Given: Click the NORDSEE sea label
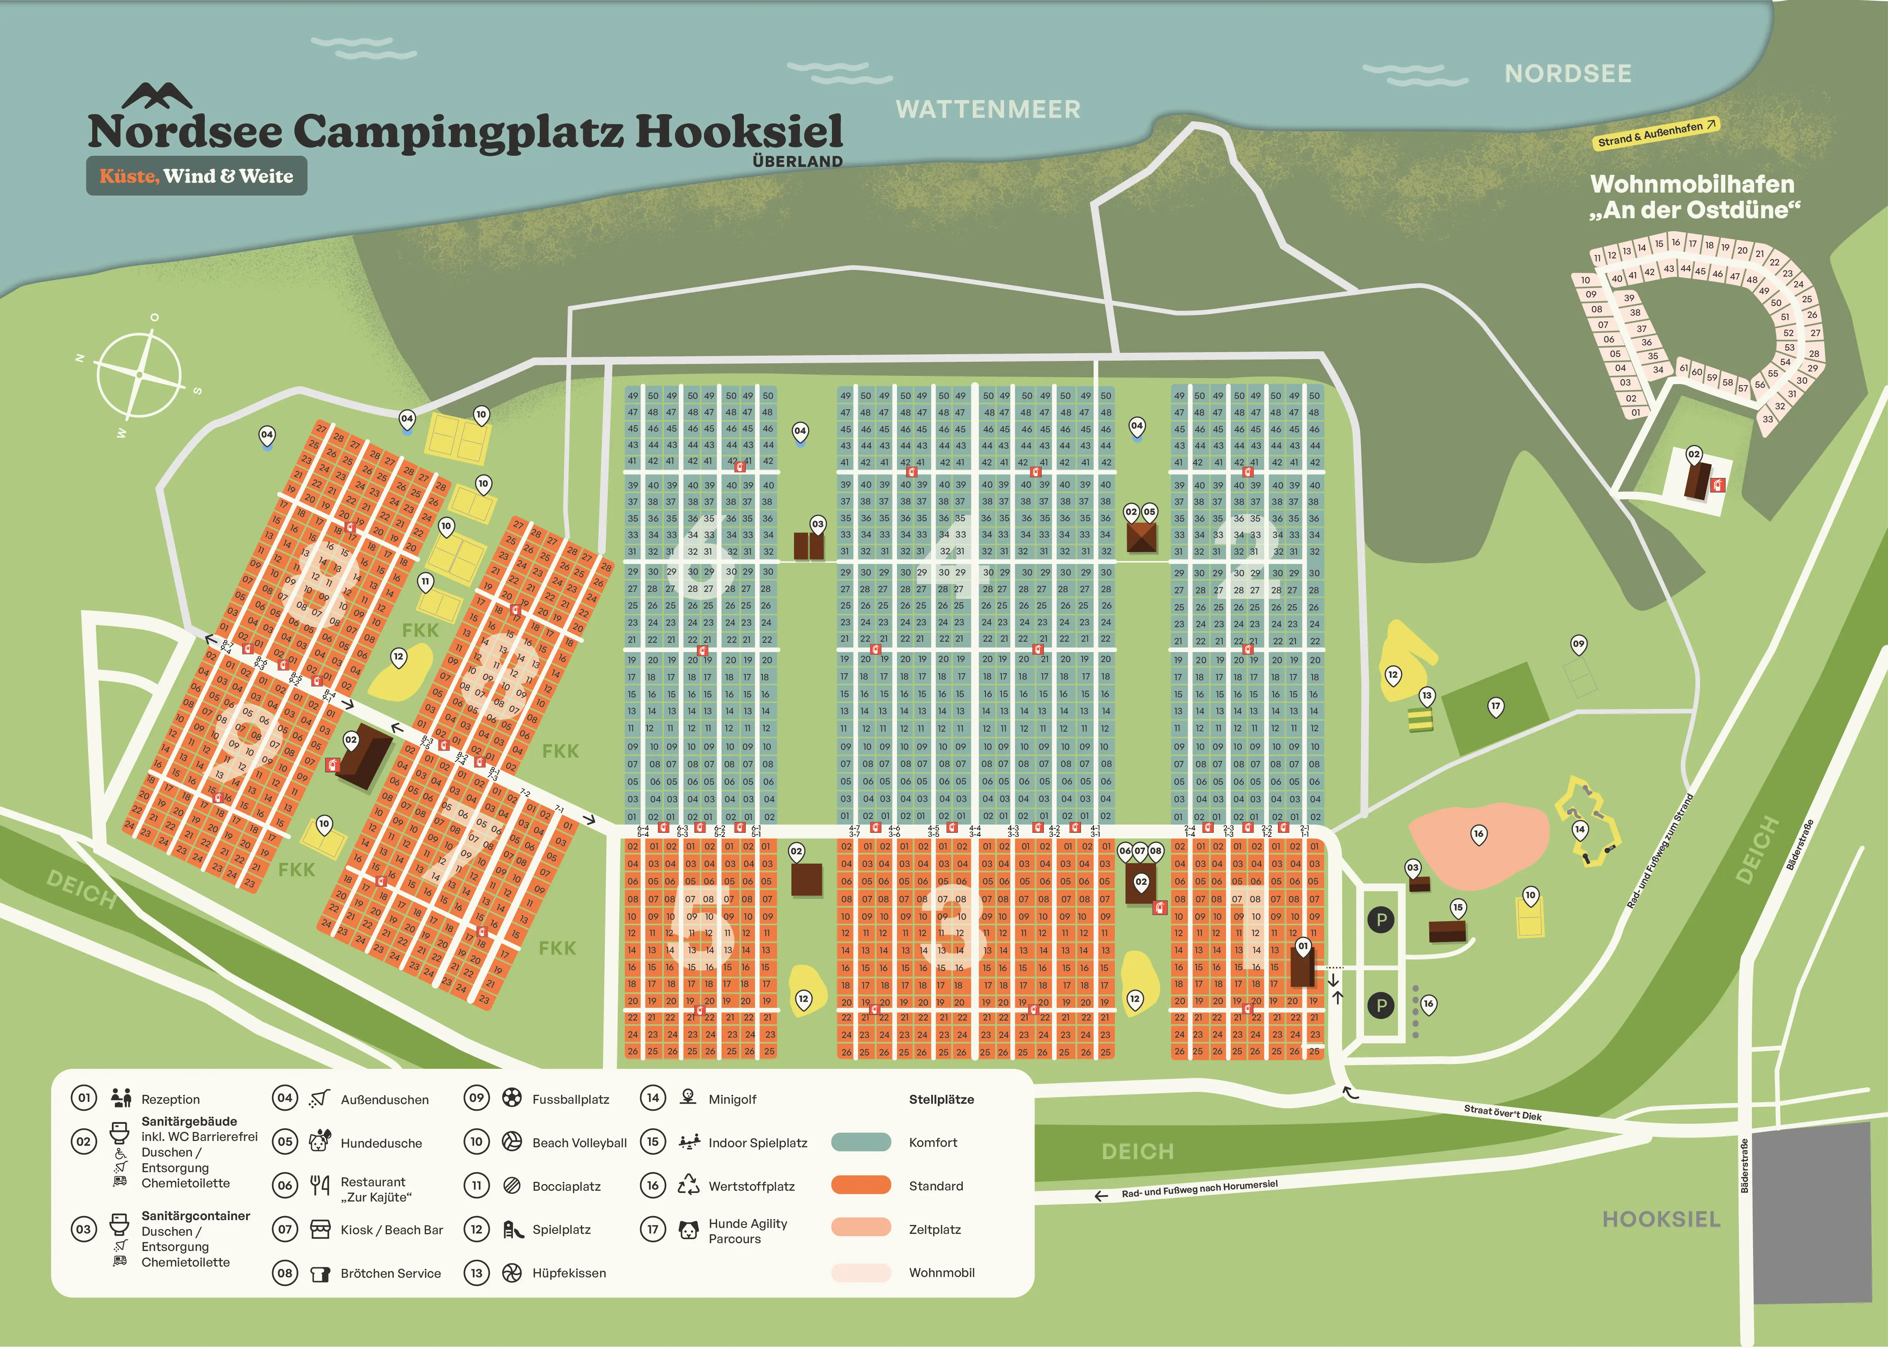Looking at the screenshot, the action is point(1568,74).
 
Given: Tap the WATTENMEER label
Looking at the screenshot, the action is point(988,110).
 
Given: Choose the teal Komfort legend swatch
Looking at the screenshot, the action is point(861,1142).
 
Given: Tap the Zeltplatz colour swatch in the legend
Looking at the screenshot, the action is point(861,1228).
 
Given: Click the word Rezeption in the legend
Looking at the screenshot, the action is point(170,1099).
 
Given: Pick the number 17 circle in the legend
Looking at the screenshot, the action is point(652,1228).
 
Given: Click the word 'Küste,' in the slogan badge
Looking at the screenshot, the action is point(129,176).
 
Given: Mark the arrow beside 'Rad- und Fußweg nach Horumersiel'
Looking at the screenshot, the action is point(1101,1196).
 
